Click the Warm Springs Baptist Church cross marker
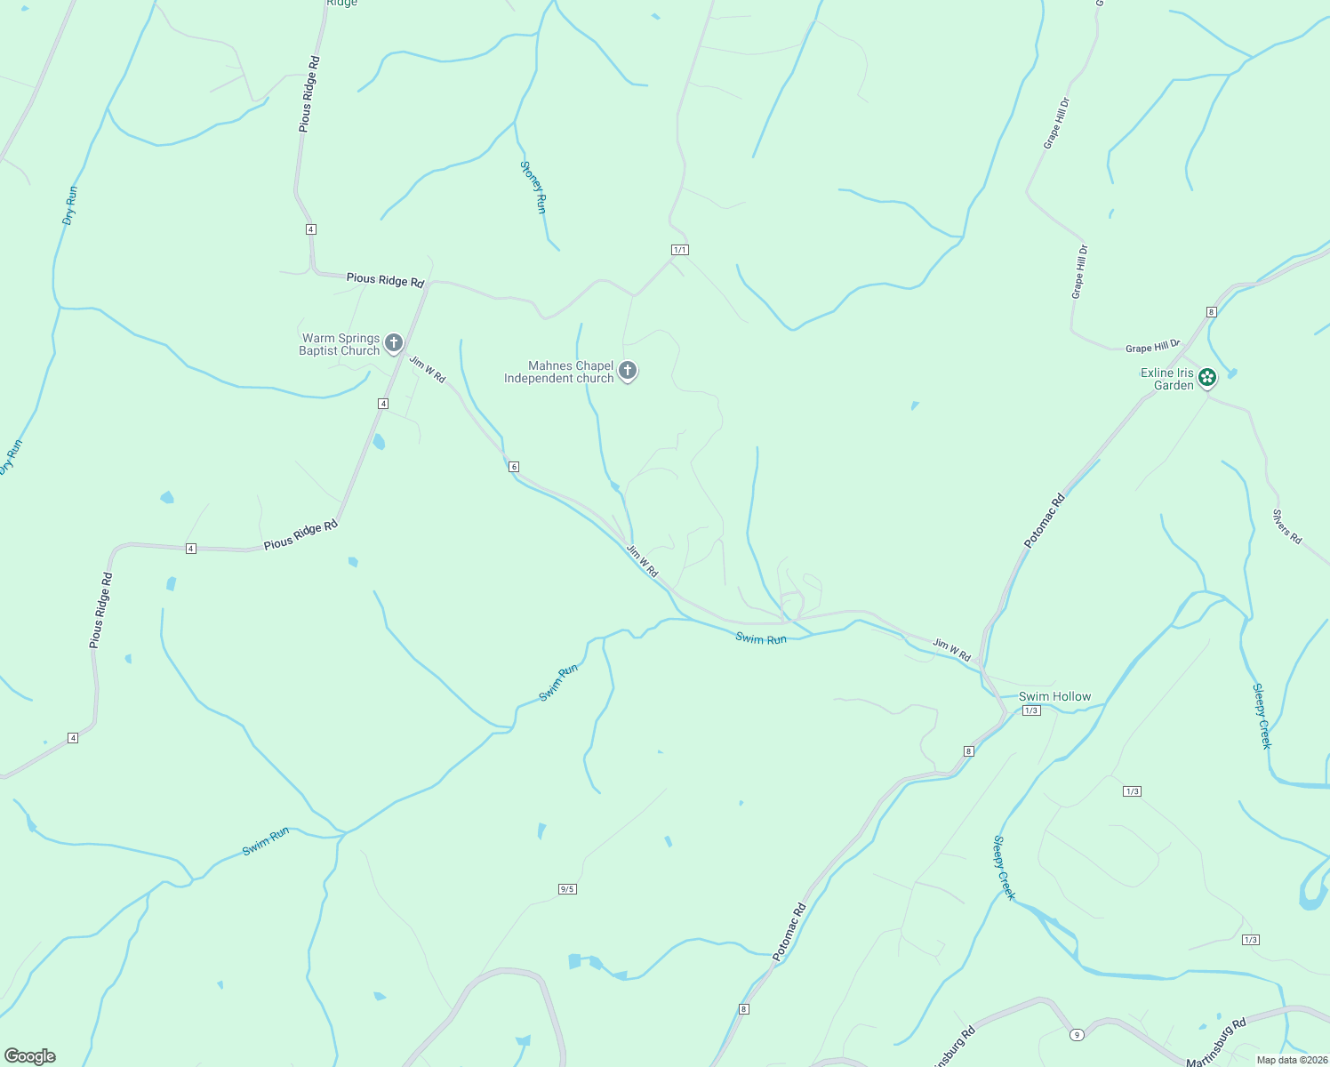coord(393,342)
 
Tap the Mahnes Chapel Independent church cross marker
coord(628,371)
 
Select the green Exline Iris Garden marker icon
coord(1206,378)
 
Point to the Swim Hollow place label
coord(1054,696)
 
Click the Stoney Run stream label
coord(533,187)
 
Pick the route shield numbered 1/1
coord(680,250)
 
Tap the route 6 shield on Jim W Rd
coord(514,467)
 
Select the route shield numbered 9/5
coord(567,889)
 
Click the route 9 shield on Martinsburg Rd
coord(1077,1034)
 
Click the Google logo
coord(29,1056)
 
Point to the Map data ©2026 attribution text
coord(1291,1060)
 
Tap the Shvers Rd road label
coord(1286,526)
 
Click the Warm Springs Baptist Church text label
coord(341,344)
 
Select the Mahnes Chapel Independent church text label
coord(559,372)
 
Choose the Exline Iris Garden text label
coord(1166,379)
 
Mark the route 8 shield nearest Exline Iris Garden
coord(1211,312)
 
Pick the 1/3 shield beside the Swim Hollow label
coord(1031,710)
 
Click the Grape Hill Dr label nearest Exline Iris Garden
coord(1152,347)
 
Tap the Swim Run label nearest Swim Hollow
coord(761,638)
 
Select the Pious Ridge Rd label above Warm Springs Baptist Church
coord(385,279)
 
